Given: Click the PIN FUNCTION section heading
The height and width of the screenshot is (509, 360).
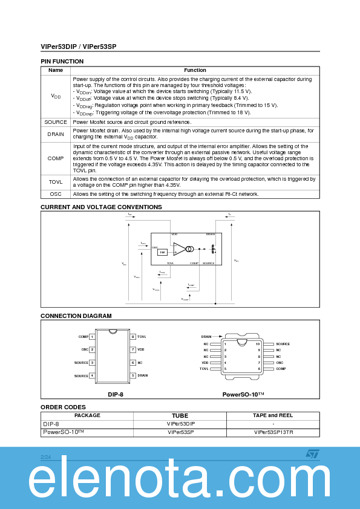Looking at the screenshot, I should [62, 62].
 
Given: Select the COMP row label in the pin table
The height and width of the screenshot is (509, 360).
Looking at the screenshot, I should [56, 158].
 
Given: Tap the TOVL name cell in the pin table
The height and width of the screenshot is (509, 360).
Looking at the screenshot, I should [56, 181].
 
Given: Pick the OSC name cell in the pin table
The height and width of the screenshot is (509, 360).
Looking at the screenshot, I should [56, 194].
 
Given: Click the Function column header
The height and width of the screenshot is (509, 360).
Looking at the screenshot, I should [195, 70].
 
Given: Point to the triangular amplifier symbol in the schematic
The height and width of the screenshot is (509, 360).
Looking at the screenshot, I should [179, 249].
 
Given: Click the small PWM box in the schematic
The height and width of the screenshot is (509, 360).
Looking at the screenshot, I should [162, 252].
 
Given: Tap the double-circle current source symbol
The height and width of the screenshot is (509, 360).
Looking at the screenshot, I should [189, 249].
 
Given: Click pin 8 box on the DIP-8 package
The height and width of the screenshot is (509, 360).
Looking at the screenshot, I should [133, 337].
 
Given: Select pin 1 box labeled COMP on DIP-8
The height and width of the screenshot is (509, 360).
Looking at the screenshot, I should [92, 337].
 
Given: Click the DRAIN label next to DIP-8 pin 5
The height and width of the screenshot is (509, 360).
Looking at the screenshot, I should [143, 375].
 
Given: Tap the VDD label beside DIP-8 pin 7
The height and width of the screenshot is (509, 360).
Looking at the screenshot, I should [141, 349].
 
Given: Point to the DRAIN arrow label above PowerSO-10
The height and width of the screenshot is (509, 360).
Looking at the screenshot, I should [206, 336].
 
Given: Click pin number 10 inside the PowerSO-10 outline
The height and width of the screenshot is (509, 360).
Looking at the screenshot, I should [258, 343].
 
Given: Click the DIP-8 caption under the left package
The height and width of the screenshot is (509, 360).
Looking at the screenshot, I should [116, 394].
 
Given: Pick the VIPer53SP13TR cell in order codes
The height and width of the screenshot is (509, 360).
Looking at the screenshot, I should [273, 432].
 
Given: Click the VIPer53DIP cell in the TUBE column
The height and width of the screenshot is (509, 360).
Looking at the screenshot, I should [180, 424].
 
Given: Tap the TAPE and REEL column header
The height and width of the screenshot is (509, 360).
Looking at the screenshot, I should [273, 415].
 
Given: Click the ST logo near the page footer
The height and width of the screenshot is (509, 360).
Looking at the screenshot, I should [312, 453].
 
